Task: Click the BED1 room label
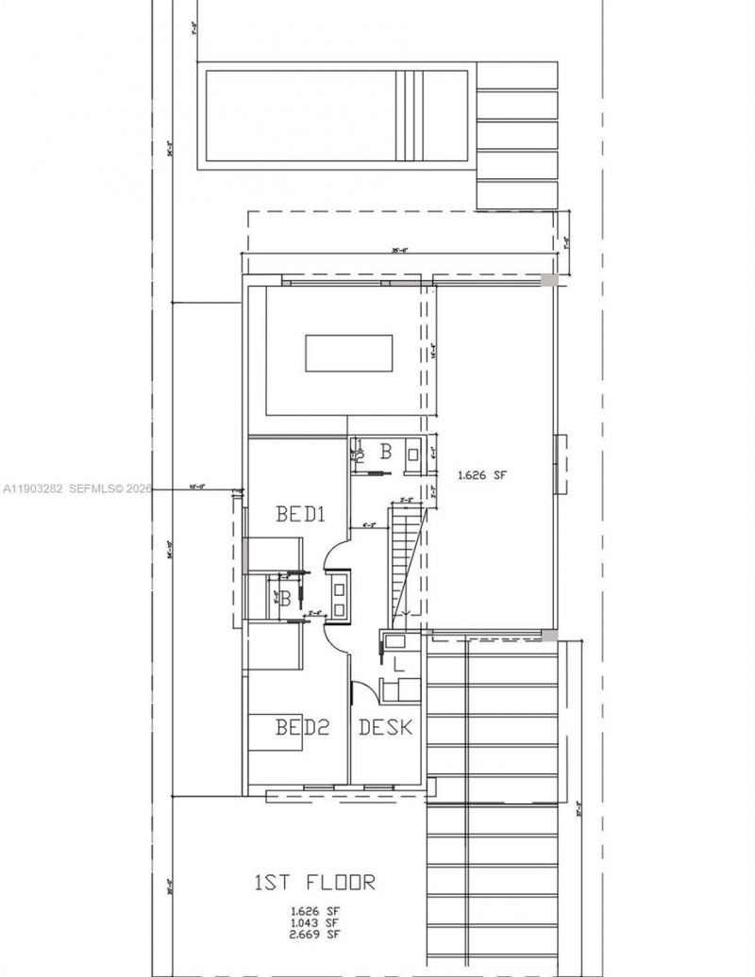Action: pyautogui.click(x=300, y=515)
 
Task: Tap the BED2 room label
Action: pyautogui.click(x=302, y=727)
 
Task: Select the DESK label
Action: pyautogui.click(x=386, y=727)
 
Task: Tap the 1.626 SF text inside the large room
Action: pyautogui.click(x=482, y=476)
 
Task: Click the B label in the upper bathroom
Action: pyautogui.click(x=385, y=453)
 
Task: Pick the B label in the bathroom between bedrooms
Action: pyautogui.click(x=284, y=596)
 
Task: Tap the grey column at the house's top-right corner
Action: pyautogui.click(x=548, y=280)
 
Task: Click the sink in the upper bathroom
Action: pyautogui.click(x=413, y=454)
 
